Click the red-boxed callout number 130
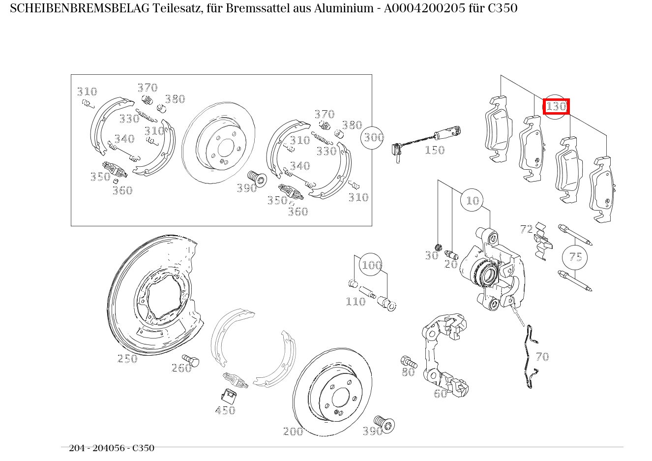556,106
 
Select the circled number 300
373,137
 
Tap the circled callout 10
472,200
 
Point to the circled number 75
575,257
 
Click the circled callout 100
371,266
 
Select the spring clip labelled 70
530,357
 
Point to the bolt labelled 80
409,362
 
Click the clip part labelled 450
227,395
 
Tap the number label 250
127,359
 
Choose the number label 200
293,431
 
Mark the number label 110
355,302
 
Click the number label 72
526,229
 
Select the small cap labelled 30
439,247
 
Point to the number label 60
440,393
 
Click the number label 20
451,264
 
